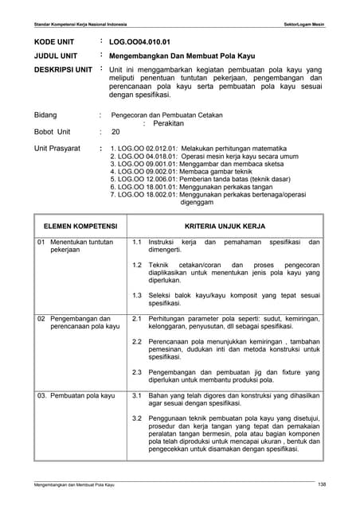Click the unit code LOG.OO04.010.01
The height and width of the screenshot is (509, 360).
(x=139, y=40)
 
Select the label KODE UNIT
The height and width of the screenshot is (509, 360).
(x=51, y=40)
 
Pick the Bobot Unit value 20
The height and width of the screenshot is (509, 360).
(x=115, y=132)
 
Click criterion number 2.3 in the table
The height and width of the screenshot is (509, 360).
(x=136, y=371)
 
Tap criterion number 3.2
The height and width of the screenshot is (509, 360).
(x=136, y=418)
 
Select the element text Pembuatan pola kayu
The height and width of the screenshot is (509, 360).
(x=83, y=395)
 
